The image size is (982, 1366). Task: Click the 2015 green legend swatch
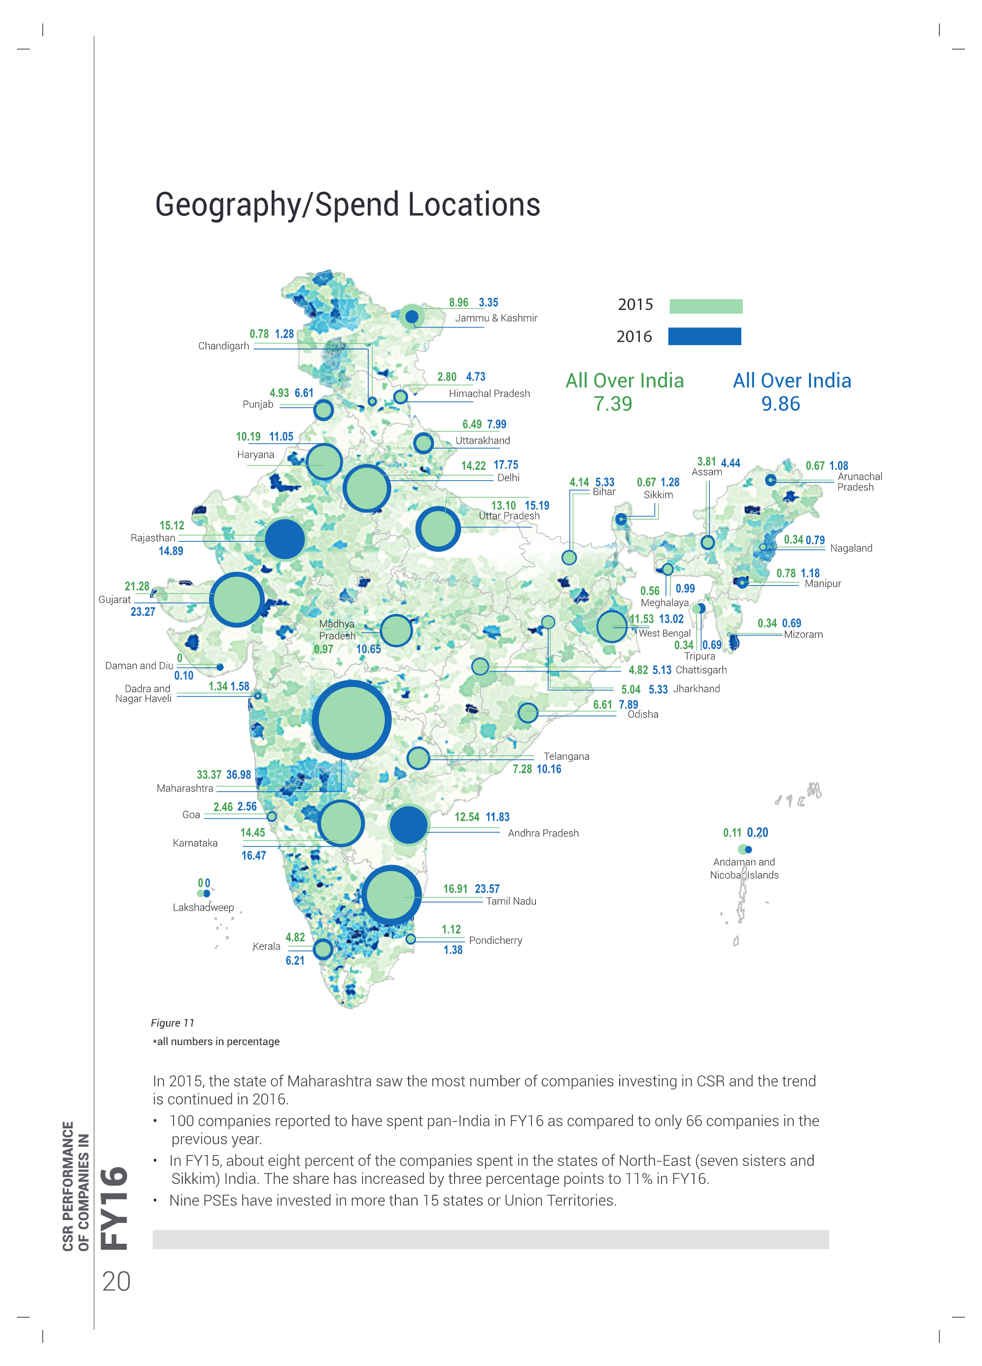705,306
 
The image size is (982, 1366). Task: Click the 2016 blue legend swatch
704,336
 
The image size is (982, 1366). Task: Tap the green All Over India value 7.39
613,404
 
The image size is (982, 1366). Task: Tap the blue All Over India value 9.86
780,404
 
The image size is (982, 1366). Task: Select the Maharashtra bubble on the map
351,720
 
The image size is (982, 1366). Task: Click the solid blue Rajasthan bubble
285,538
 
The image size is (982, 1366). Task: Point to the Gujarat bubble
237,600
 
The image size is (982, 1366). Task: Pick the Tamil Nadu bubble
391,895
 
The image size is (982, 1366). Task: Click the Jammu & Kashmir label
496,318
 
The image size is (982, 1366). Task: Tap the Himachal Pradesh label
489,393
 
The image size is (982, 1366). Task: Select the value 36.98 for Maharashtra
239,774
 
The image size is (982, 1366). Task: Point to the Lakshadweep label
203,908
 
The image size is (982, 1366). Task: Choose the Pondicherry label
495,940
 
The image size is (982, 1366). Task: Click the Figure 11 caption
173,1023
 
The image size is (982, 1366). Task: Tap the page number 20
116,1282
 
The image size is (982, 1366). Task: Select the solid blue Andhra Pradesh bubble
409,825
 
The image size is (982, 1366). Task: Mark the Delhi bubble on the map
366,489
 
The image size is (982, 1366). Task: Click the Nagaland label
851,548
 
